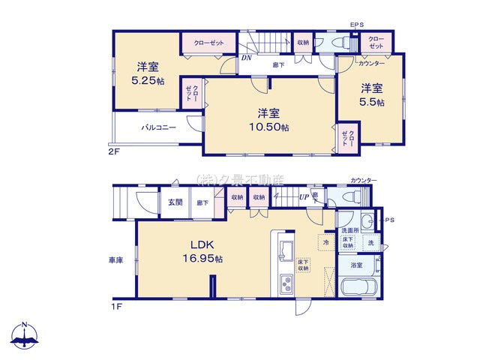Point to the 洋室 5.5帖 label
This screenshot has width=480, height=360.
370,94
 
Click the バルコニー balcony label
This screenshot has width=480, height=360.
158,127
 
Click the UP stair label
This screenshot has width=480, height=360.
304,196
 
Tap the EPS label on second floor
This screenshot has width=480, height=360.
356,25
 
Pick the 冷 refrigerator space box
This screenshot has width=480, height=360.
326,243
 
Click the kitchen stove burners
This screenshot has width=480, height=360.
286,284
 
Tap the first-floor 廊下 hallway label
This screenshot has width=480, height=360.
202,202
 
